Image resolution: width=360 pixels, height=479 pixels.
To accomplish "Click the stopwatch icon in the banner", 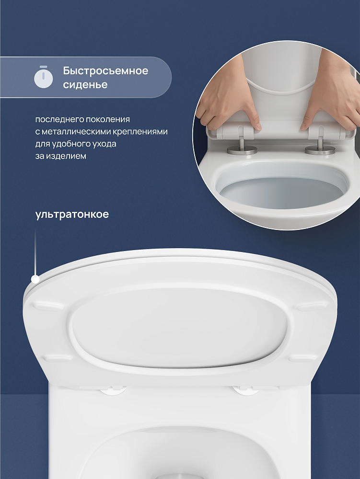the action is tap(44, 77).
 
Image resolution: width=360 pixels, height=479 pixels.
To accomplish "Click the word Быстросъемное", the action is tap(106, 71).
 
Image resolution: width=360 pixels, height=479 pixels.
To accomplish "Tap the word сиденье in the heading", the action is tap(85, 85).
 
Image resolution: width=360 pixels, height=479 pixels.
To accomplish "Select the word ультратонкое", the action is tap(72, 215).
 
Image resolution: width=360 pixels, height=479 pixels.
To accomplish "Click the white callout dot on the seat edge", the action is tap(35, 279).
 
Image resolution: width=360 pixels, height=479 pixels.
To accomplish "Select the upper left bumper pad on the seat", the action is tap(49, 307).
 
